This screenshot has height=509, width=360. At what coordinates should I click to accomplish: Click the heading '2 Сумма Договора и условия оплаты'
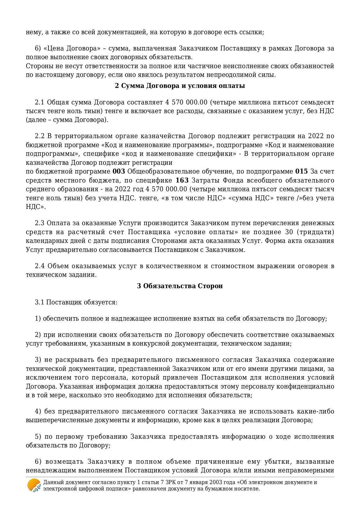coord(180,86)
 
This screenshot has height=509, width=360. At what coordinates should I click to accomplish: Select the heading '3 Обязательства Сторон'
coord(180,286)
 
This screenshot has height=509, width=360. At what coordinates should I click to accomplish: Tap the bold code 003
coord(119,172)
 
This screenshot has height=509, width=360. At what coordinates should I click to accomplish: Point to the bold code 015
coord(301,172)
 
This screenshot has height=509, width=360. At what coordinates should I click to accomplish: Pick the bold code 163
coord(182,180)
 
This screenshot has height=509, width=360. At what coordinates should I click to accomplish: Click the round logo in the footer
coord(34,485)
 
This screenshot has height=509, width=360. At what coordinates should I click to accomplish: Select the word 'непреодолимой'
coord(230,75)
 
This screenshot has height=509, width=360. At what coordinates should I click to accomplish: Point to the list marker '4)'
coord(38,411)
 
